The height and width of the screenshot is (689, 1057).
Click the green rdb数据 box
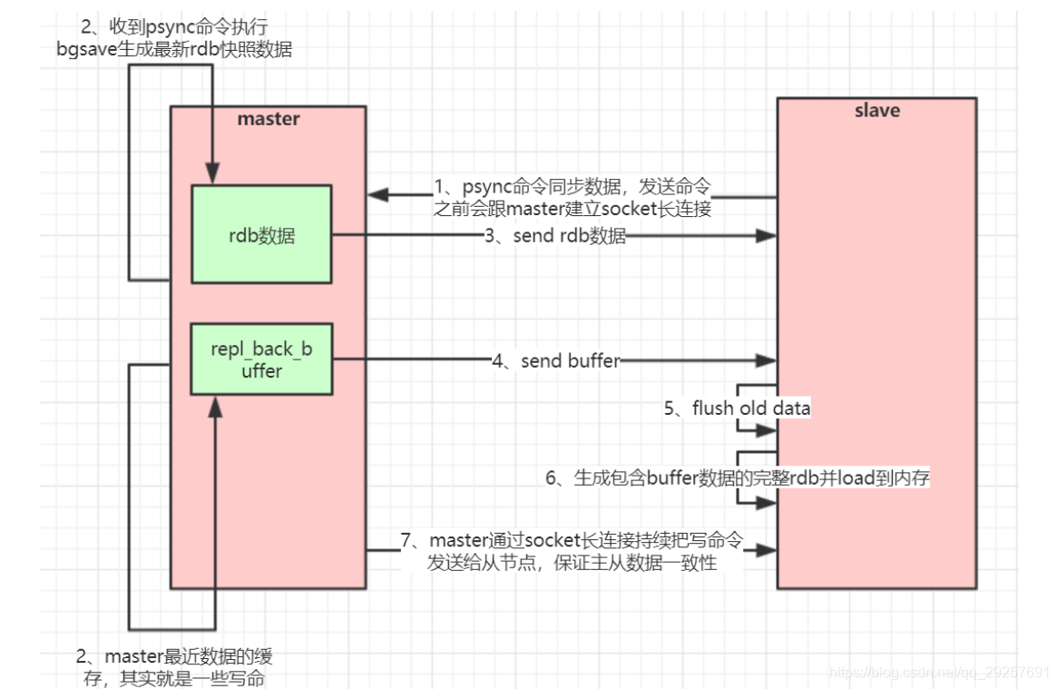pos(261,234)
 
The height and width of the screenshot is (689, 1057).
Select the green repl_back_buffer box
pos(261,359)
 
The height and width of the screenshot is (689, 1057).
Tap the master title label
pos(269,119)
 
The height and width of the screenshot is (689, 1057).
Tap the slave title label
pos(876,111)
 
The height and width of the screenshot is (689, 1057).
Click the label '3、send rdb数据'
pos(556,236)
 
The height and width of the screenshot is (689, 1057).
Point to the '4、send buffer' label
pos(556,361)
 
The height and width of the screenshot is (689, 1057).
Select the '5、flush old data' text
pos(737,408)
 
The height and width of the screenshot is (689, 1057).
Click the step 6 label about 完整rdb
pos(737,478)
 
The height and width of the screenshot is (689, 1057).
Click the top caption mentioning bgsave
pos(174,38)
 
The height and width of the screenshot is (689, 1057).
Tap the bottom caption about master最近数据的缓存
pos(174,666)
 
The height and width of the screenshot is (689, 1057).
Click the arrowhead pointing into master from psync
pos(379,195)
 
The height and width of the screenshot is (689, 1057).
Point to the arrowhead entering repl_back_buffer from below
pos(214,406)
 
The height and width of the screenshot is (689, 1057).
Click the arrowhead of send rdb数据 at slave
pos(767,236)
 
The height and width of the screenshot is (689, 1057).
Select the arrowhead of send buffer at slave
pos(767,361)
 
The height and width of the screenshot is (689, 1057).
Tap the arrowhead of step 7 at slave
pos(767,550)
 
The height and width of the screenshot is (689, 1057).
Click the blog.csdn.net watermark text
pos(939,673)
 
